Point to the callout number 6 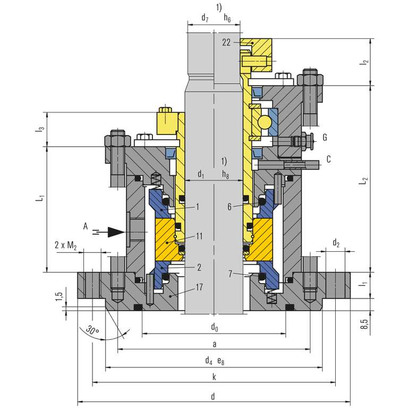point(229,207)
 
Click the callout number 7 point(229,274)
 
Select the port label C point(329,158)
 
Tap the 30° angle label point(93,330)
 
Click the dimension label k point(214,377)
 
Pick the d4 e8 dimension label point(214,361)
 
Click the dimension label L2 point(363,181)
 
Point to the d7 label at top point(205,19)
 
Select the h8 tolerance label point(227,174)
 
